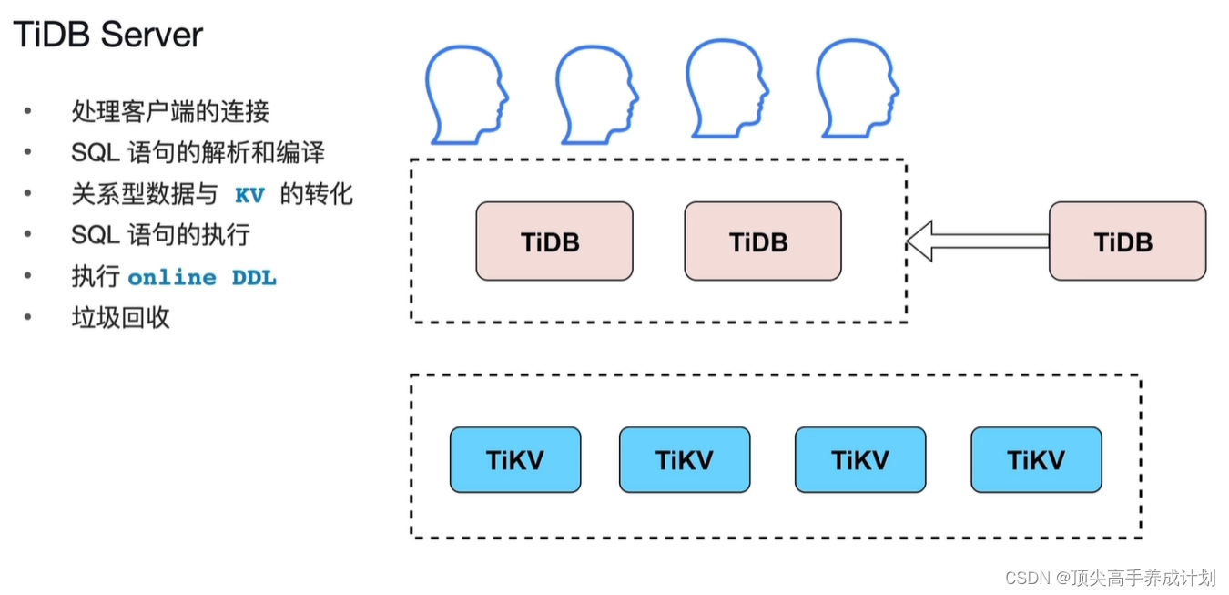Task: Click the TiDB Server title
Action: point(108,36)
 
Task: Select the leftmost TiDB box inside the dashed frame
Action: point(554,241)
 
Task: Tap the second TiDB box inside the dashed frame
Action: point(762,241)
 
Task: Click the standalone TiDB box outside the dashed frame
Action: point(1127,241)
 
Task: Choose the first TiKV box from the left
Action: point(514,460)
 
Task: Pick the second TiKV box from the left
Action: point(685,460)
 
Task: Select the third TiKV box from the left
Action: point(860,460)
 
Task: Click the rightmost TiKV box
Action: point(1036,460)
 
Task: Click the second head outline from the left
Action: point(594,93)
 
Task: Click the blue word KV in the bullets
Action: point(249,195)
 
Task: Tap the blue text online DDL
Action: point(201,278)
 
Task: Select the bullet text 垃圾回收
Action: point(120,318)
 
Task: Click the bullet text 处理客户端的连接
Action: point(170,112)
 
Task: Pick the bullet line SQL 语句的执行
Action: point(160,236)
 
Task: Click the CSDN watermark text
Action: point(1110,578)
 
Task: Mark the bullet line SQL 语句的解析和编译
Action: point(198,153)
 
